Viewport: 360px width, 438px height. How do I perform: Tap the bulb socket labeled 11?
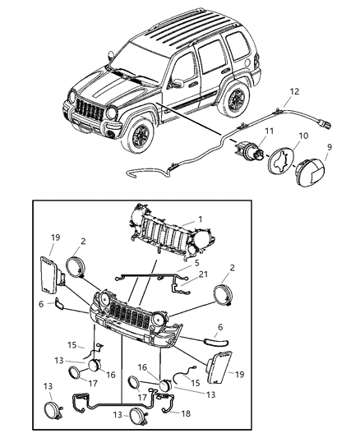tap(251, 152)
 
